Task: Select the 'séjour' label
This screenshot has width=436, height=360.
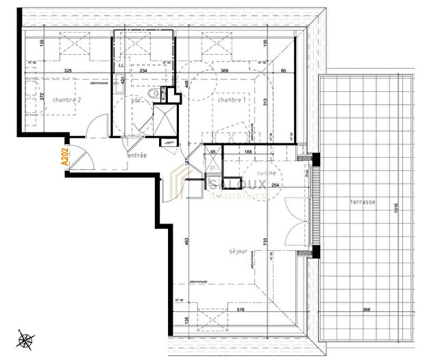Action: coord(239,252)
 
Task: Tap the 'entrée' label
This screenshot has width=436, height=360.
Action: coord(138,156)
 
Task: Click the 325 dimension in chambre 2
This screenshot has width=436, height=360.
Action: coord(68,70)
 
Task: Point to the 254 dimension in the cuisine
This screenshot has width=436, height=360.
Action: coord(274,185)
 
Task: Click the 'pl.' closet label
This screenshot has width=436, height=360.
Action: coord(213,167)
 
